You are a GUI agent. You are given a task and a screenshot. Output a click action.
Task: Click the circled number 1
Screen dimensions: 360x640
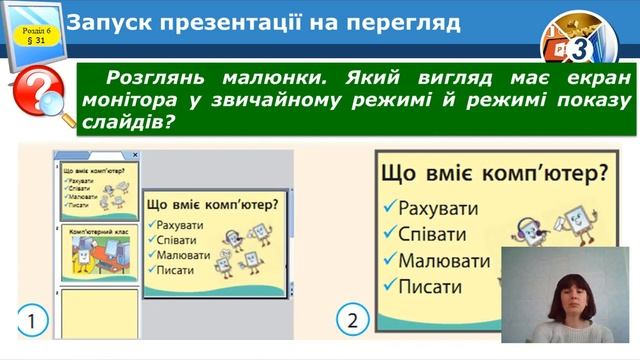[x=32, y=322]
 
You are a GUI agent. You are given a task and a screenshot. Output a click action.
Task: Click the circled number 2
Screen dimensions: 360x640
[x=351, y=322]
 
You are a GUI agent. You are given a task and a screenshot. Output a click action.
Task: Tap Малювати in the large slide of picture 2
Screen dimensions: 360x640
[x=444, y=262]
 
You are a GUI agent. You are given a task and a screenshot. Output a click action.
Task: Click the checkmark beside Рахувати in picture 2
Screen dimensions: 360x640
[x=388, y=210]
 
